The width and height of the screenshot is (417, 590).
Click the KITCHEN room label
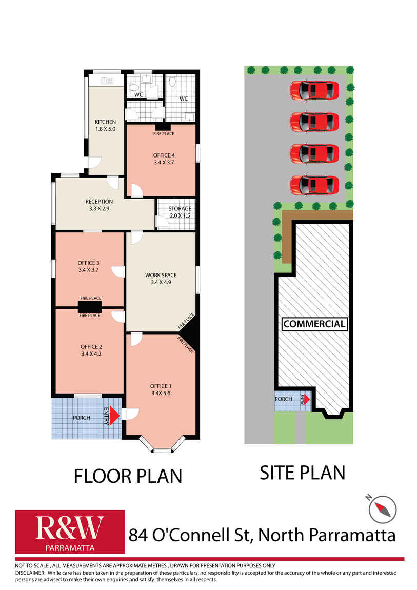[105, 122]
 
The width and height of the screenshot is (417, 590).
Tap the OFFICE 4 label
[164, 155]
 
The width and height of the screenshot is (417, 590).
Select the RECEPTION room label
[99, 202]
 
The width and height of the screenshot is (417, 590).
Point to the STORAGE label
[180, 208]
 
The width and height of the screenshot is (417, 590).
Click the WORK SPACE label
[161, 275]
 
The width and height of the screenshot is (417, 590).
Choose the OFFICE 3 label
[88, 263]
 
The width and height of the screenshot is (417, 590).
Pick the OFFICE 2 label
[91, 347]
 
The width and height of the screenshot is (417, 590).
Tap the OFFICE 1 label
[161, 386]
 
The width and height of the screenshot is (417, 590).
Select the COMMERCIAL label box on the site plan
[314, 324]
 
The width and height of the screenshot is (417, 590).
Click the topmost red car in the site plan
[314, 90]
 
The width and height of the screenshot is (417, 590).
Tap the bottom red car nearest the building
[314, 186]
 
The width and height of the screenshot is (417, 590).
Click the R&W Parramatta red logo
[70, 532]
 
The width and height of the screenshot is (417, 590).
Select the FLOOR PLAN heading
[128, 476]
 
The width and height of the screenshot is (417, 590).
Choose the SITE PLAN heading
[302, 473]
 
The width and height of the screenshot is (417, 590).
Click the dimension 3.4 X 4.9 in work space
[161, 282]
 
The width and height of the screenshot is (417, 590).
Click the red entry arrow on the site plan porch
[307, 399]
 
